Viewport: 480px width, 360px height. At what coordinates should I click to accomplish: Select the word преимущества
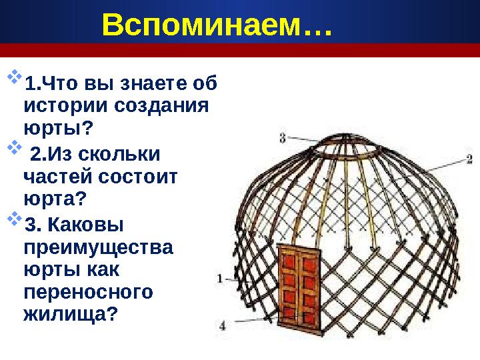(97, 247)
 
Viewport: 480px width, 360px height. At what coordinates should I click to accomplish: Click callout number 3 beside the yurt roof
(283, 138)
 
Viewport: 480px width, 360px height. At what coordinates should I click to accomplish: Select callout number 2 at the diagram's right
(469, 159)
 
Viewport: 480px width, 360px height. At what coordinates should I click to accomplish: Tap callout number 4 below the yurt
(223, 325)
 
